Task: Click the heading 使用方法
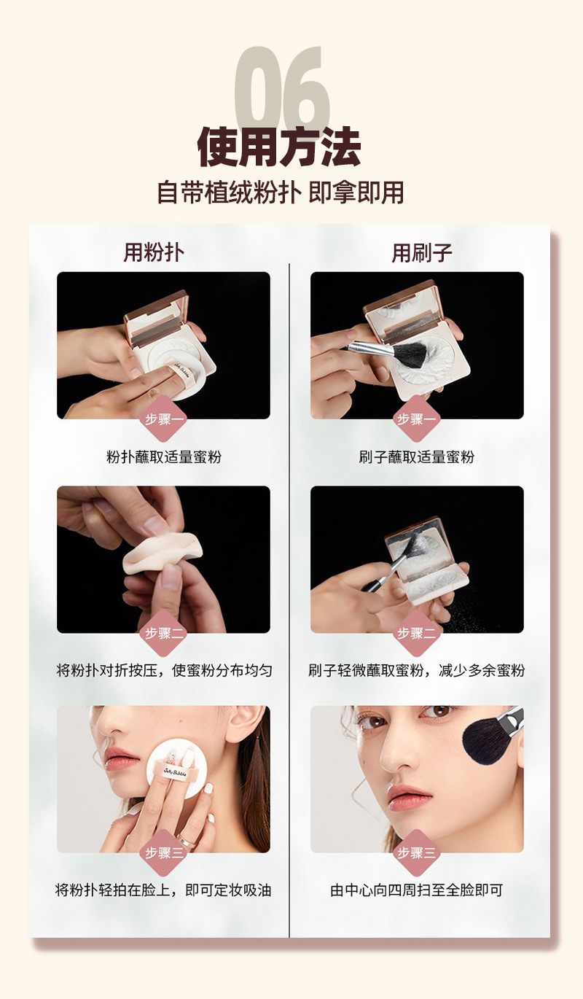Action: tap(279, 147)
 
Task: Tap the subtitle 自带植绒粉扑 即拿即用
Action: tap(281, 193)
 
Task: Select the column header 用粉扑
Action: tap(154, 252)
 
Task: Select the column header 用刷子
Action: tap(422, 253)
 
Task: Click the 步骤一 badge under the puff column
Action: tap(163, 419)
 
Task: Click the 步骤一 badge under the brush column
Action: tap(416, 419)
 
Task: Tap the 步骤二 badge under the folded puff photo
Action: tap(163, 633)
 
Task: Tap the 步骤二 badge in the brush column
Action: tap(416, 633)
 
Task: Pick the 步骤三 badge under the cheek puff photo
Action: tap(163, 852)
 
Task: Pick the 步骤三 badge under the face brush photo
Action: tap(416, 852)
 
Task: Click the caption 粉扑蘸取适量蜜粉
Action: tap(163, 457)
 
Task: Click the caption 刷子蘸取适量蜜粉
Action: tap(417, 457)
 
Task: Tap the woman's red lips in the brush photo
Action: tap(408, 796)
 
